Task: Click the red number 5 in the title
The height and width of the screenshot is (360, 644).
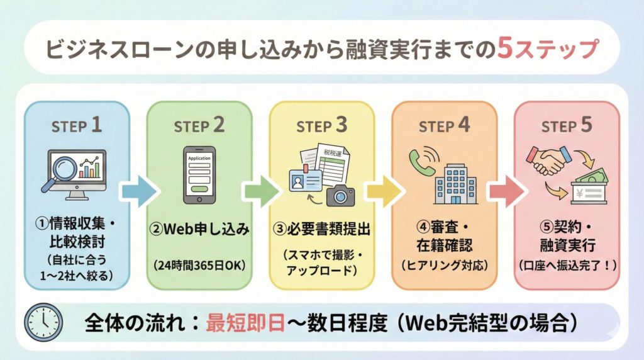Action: click(x=504, y=49)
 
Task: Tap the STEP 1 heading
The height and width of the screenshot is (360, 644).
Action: click(x=77, y=125)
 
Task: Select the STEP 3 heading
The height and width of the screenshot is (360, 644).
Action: click(x=321, y=125)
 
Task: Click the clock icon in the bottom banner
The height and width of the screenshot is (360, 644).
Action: click(x=43, y=322)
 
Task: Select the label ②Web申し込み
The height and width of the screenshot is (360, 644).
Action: click(x=199, y=228)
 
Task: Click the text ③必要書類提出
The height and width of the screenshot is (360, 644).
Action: click(x=321, y=228)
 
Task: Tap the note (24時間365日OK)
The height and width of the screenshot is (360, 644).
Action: click(x=199, y=265)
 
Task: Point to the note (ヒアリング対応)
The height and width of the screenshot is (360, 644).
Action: click(x=444, y=265)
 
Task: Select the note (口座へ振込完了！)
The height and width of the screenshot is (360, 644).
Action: click(x=567, y=265)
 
